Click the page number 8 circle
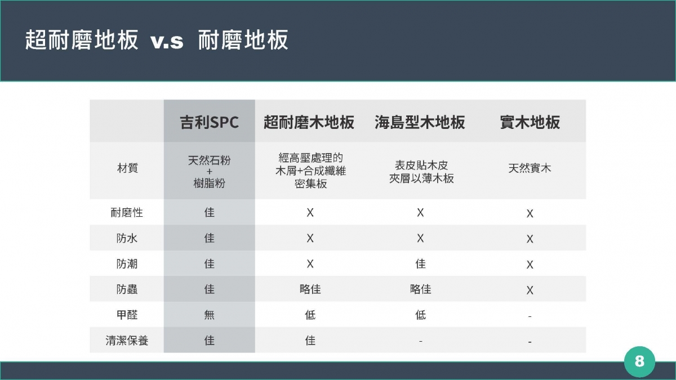(639, 361)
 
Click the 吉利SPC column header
(209, 123)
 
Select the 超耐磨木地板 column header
(309, 123)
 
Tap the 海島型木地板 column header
(420, 123)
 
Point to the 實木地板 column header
(530, 123)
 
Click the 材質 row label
(127, 168)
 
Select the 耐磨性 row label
(127, 213)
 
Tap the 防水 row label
(127, 238)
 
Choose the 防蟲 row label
(127, 289)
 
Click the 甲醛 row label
(127, 315)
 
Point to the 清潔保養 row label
(127, 341)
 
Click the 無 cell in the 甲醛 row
(209, 315)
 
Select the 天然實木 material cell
(530, 168)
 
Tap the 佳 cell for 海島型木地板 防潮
(420, 264)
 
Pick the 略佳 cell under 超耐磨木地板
(310, 289)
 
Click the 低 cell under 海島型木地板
(420, 315)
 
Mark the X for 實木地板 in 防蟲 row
(530, 290)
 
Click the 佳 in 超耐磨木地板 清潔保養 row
(310, 341)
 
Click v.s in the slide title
(167, 41)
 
